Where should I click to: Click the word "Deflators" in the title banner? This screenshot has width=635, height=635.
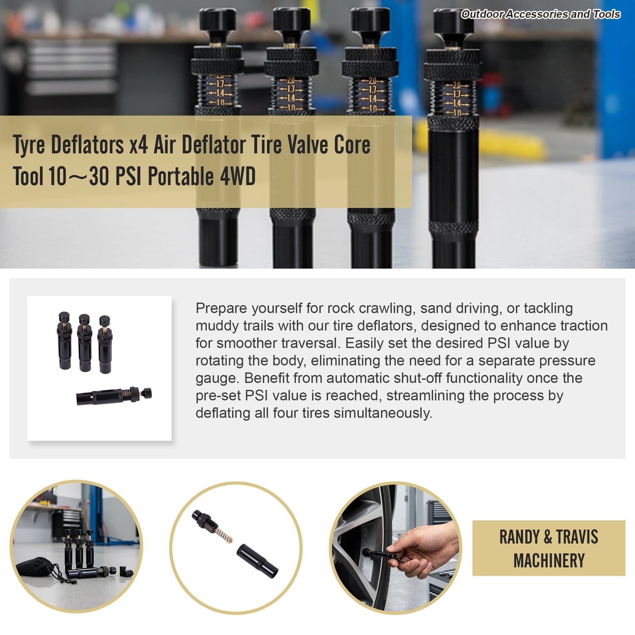point(87,145)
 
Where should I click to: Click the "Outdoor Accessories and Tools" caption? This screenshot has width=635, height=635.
point(541,14)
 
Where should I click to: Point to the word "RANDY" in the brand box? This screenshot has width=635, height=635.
point(519,537)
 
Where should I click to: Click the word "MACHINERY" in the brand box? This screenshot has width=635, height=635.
point(549,561)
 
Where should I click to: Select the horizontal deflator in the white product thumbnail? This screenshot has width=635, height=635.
point(114,395)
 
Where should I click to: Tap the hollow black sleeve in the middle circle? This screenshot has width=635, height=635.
point(257,560)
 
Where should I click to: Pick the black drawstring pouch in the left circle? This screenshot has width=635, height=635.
point(36,567)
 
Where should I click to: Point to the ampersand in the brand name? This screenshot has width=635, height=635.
point(547,537)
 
